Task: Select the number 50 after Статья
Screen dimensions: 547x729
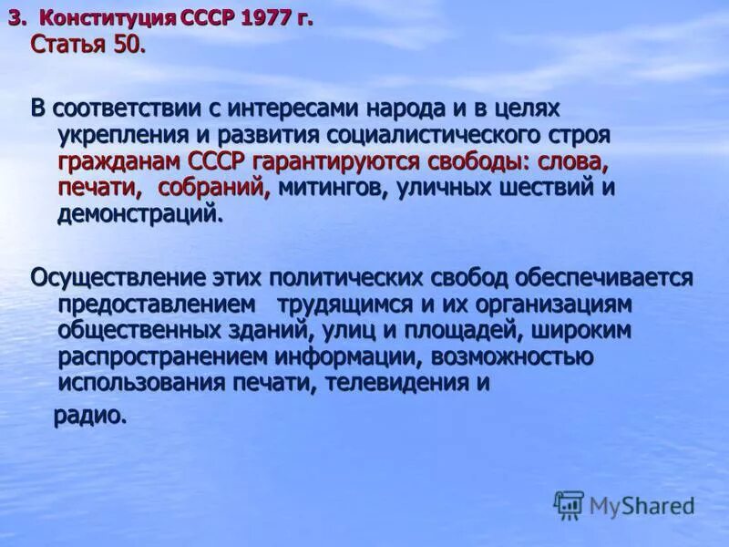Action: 128,45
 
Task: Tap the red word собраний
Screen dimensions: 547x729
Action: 215,189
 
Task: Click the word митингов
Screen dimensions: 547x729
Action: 321,189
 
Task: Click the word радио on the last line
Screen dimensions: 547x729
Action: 87,416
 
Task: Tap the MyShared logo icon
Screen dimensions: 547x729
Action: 569,504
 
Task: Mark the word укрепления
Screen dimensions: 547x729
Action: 118,136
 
